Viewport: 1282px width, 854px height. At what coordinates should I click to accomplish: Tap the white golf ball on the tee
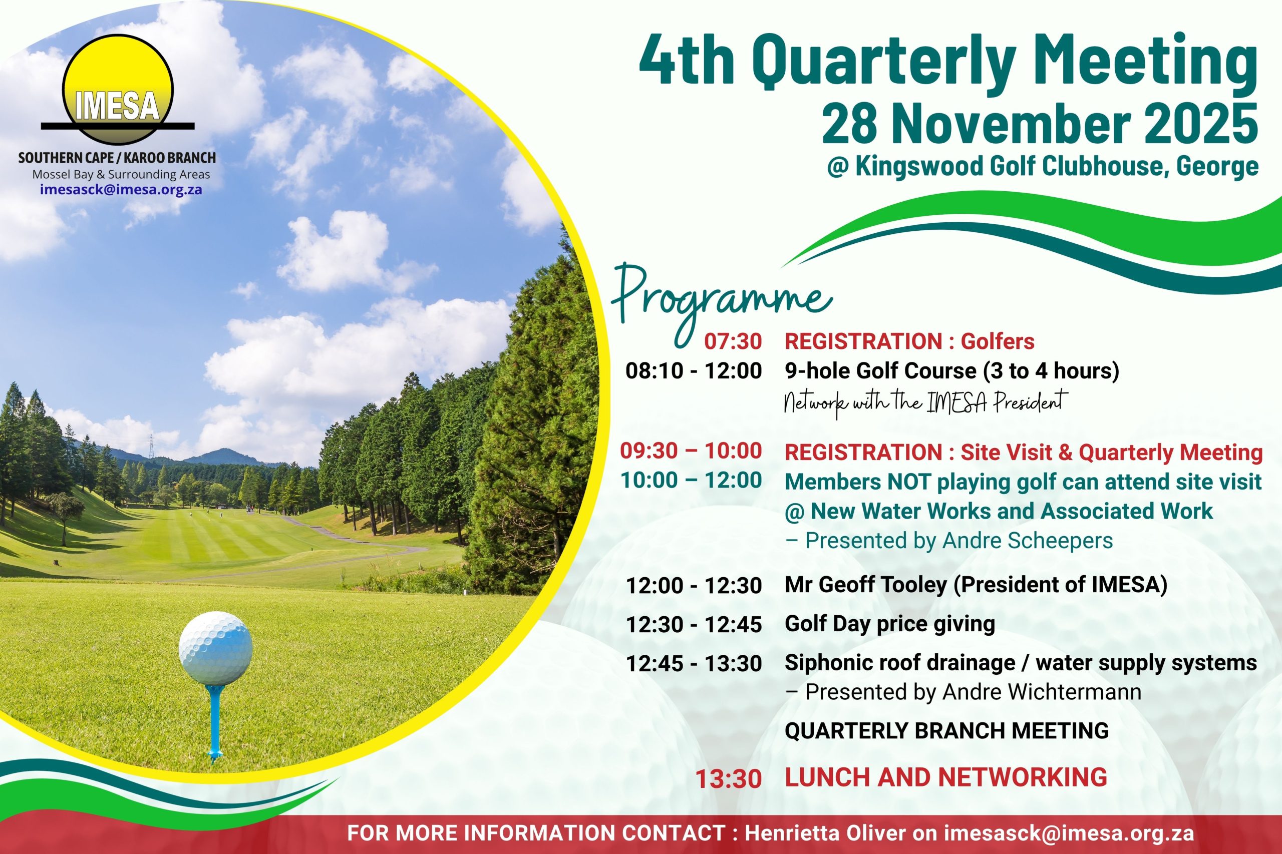coord(216,648)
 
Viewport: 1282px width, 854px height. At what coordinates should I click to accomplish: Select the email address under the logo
coord(121,190)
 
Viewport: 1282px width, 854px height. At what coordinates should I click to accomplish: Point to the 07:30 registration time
coord(733,341)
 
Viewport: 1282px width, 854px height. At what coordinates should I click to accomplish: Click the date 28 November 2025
coord(1040,125)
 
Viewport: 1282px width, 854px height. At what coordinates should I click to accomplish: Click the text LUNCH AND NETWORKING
coord(946,777)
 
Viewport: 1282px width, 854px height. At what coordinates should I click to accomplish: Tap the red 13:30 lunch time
coord(729,779)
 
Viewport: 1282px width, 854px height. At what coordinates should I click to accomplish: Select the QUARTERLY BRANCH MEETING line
coord(946,730)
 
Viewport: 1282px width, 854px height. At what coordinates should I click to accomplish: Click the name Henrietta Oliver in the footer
coord(825,833)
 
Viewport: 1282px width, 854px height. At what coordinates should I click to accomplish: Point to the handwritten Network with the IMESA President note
coord(923,403)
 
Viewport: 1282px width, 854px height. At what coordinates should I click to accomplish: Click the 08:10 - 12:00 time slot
coord(694,371)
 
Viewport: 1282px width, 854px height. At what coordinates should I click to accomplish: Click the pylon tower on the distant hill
coord(151,447)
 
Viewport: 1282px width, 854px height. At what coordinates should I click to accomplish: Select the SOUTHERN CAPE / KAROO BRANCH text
coord(117,158)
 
